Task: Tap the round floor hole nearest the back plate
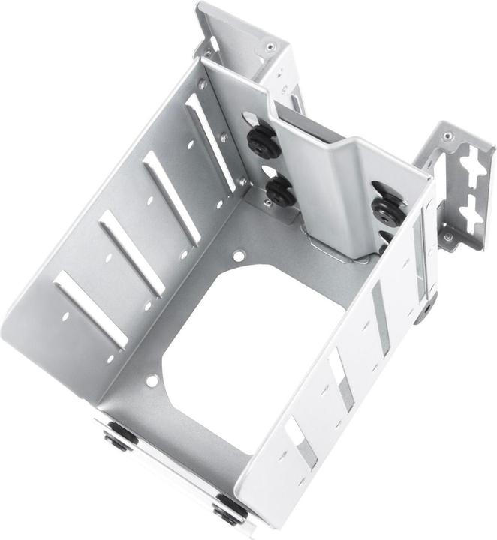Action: coord(239,256)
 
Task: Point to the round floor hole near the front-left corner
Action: coord(152,381)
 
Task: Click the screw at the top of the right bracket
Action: coord(448,136)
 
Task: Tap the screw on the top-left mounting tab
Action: coord(269,47)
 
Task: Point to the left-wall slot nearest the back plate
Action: coord(210,142)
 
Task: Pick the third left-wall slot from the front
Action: coord(172,198)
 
